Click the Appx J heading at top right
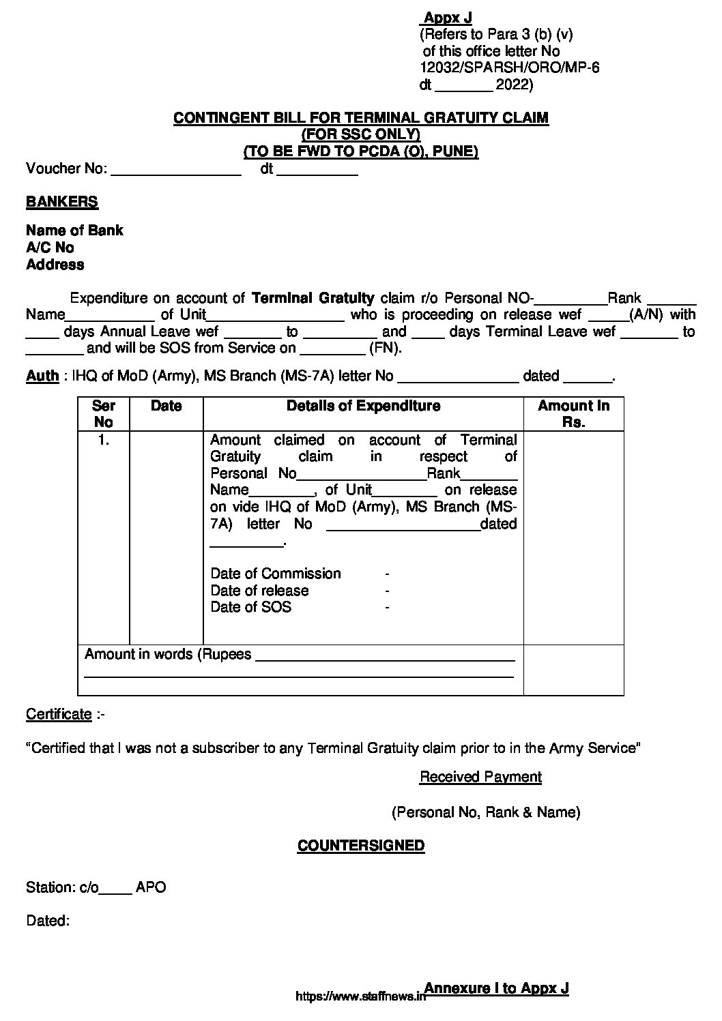click(x=448, y=18)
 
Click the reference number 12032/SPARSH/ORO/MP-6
click(x=509, y=68)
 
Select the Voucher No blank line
click(x=176, y=171)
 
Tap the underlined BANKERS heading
click(x=62, y=202)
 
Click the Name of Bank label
click(x=74, y=231)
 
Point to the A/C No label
click(x=50, y=248)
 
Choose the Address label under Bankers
click(x=55, y=265)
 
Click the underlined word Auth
click(x=42, y=376)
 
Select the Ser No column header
click(x=104, y=414)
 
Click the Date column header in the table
click(x=166, y=406)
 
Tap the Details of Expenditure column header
click(x=363, y=406)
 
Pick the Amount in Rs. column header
click(x=573, y=414)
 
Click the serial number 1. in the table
click(x=104, y=440)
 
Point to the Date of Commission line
click(x=275, y=574)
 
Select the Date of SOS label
click(x=250, y=607)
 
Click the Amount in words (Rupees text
click(x=168, y=655)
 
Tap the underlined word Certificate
click(x=59, y=714)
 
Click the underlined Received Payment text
click(x=480, y=777)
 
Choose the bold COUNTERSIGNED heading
click(x=361, y=846)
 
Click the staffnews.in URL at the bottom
click(x=360, y=996)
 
